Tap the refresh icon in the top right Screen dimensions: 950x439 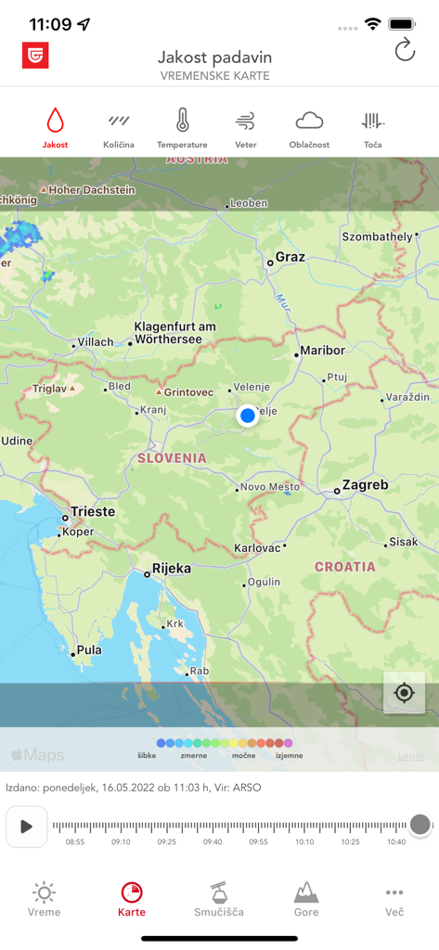coord(405,50)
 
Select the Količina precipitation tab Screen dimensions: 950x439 coord(119,128)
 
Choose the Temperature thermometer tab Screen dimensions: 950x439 coord(182,128)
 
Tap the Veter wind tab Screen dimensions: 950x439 coord(245,128)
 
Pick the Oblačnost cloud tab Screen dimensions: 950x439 coord(309,128)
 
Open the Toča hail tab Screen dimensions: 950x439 coord(372,128)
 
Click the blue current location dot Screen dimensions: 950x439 coord(247,416)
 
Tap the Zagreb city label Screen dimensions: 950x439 coord(365,485)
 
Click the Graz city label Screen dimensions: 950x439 coord(290,258)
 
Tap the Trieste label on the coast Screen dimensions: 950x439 coord(93,511)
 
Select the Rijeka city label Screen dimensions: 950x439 coord(172,568)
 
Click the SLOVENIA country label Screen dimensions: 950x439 coord(172,458)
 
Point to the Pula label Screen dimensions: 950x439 coord(89,650)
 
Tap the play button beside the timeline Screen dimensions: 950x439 coord(26,826)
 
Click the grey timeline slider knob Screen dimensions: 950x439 coord(420,825)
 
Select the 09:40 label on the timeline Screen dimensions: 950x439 coord(213,842)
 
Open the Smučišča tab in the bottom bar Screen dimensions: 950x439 coord(219,898)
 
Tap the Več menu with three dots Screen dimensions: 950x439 coord(394,898)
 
